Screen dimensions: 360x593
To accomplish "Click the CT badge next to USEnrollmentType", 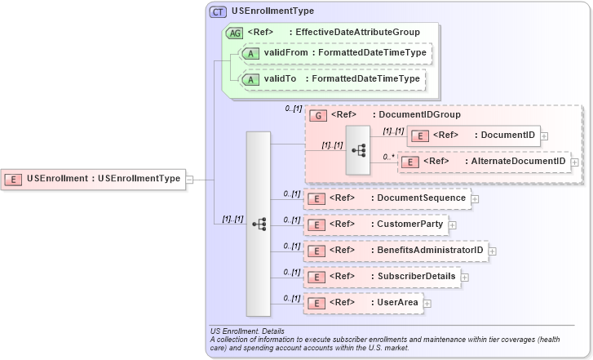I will (218, 12).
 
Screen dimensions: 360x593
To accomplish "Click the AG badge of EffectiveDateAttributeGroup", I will (234, 33).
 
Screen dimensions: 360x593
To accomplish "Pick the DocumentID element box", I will (473, 136).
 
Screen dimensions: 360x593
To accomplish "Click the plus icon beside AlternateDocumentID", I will (575, 162).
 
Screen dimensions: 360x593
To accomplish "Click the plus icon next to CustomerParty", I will (452, 224).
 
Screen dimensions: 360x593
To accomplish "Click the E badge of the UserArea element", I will (316, 303).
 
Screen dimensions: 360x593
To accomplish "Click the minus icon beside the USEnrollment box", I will (189, 179).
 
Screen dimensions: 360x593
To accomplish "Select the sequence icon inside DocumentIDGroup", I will (358, 150).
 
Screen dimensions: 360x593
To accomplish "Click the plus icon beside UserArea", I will (427, 304).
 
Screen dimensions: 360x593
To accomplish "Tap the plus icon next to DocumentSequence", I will (474, 198).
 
